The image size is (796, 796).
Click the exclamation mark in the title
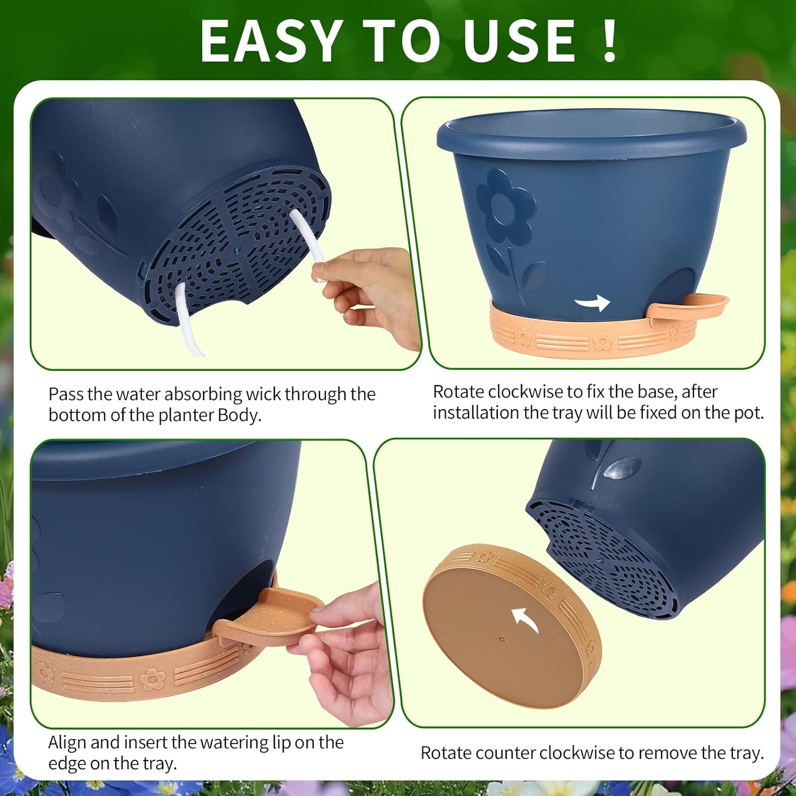610,41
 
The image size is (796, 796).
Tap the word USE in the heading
519,41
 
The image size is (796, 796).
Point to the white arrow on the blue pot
593,303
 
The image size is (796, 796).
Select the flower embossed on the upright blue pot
505,208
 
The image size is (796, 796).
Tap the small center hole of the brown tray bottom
502,640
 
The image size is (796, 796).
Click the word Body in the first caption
239,415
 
